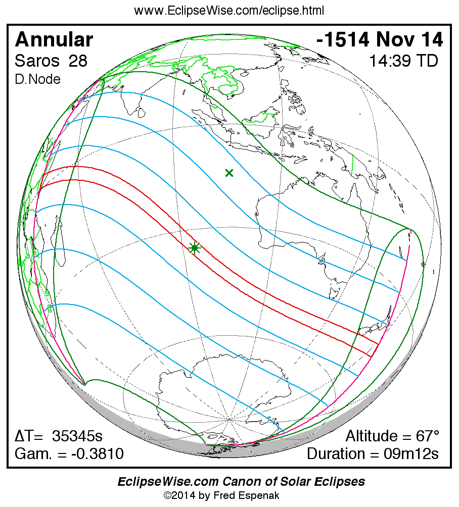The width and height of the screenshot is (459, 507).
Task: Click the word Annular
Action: [x=54, y=40]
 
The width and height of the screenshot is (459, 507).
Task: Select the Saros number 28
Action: [x=78, y=61]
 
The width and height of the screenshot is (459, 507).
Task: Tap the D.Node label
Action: [x=38, y=79]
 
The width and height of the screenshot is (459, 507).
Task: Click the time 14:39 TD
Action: [x=403, y=61]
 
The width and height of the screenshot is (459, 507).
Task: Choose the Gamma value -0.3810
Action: [x=97, y=453]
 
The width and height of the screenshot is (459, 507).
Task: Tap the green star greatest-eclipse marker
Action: [x=195, y=247]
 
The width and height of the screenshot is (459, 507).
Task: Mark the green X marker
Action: [x=229, y=173]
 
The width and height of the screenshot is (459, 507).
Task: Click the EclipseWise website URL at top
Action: [x=229, y=11]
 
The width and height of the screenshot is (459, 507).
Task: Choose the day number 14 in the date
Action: [x=429, y=40]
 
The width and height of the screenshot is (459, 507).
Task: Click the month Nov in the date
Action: [x=396, y=40]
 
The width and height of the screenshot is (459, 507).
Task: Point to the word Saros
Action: [x=36, y=61]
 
